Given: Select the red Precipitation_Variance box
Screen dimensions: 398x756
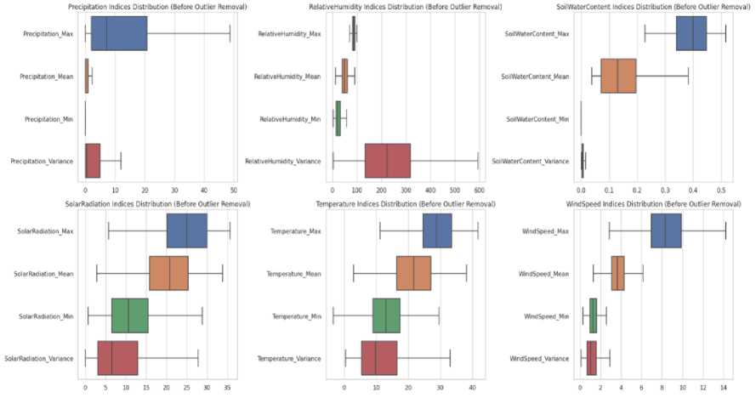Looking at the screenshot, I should (93, 161).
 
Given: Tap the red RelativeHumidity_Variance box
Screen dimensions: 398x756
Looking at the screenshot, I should (387, 161).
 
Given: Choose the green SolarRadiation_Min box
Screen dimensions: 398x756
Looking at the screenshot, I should (130, 316).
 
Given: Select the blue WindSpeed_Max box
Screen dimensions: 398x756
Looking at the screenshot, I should (666, 231).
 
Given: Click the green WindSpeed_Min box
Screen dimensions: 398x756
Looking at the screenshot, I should (594, 316).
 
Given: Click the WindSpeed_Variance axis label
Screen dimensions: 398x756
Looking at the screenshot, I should (545, 358).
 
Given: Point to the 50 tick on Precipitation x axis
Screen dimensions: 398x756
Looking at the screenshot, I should (233, 189).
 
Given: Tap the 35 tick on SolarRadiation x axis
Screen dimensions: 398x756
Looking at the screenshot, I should (227, 386).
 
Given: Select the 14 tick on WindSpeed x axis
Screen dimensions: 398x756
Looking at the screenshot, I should (723, 386).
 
